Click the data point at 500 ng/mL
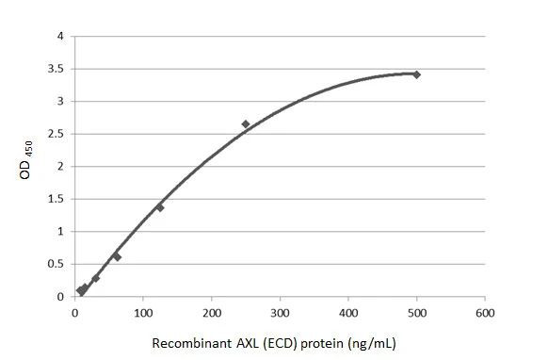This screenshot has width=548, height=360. (416, 74)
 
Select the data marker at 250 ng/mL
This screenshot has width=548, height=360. (246, 124)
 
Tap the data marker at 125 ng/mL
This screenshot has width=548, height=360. (160, 207)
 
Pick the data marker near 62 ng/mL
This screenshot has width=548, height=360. (117, 256)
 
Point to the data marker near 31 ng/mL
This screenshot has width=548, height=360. (96, 278)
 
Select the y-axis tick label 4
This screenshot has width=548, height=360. (61, 37)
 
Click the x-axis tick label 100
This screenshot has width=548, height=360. (143, 312)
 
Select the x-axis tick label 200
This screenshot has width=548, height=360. (212, 312)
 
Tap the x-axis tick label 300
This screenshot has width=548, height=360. (280, 312)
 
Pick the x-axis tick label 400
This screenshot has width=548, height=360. (348, 312)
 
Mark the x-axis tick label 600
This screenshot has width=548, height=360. (485, 312)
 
